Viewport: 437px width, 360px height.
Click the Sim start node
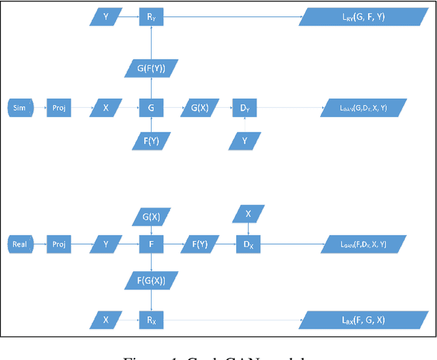click(19, 108)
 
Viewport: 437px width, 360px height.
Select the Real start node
click(20, 243)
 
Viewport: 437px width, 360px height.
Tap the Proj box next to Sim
click(59, 108)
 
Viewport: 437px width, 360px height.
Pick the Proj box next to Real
click(59, 243)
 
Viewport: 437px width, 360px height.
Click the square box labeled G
click(151, 108)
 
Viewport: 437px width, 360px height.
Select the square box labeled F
click(151, 243)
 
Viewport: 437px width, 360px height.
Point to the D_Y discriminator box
click(244, 108)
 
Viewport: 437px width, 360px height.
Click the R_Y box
click(151, 17)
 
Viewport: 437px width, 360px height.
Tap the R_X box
click(151, 318)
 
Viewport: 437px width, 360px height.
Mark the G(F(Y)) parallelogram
click(151, 68)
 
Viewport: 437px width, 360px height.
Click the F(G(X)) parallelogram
click(151, 280)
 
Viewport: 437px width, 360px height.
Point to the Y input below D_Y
click(244, 141)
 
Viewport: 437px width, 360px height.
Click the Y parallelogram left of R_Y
click(106, 17)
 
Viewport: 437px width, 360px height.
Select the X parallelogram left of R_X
click(106, 318)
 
